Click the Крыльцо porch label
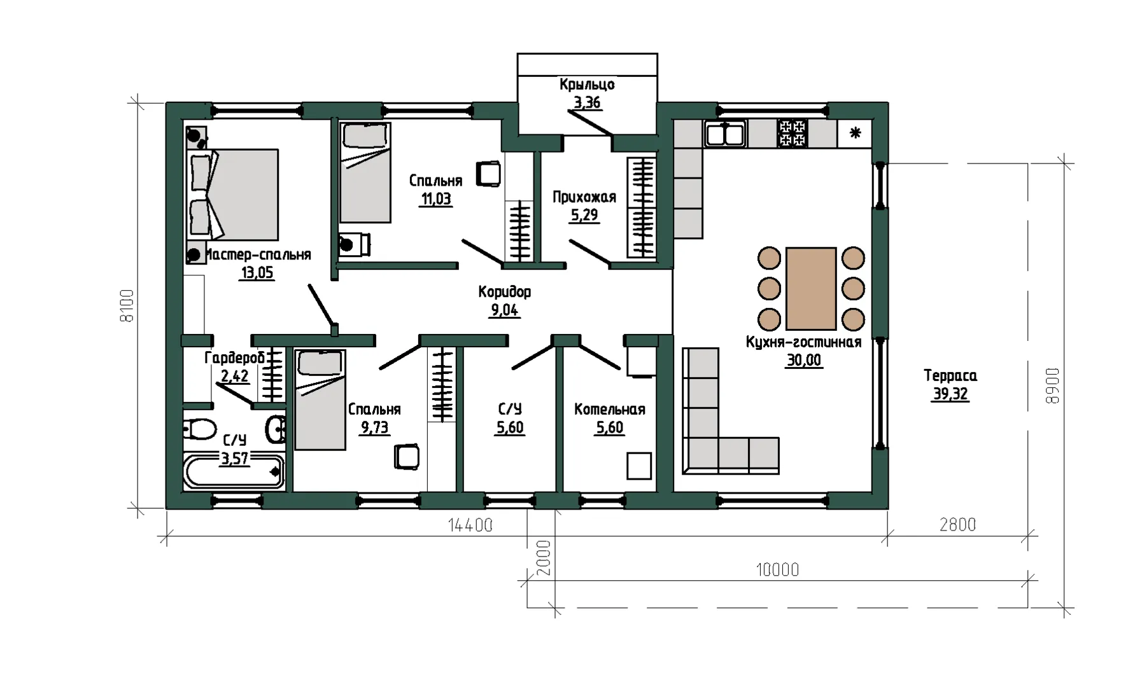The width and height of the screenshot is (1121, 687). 587,85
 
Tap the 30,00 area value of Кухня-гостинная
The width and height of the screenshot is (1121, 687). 804,360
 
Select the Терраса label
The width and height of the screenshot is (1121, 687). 950,375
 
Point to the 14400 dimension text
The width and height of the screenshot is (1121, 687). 470,525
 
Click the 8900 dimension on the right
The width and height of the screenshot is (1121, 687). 1053,385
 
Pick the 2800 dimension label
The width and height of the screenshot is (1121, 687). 957,524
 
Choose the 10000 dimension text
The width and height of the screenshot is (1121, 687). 777,569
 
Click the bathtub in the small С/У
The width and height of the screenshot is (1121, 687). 234,471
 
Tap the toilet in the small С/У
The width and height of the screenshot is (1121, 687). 200,429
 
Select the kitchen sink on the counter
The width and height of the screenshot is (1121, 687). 725,134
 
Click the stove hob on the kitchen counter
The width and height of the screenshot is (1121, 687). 793,133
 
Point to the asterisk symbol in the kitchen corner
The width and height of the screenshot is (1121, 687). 856,132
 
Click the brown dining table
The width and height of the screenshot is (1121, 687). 811,289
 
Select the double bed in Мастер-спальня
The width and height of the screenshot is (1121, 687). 233,195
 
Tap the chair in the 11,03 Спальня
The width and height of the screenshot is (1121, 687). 489,174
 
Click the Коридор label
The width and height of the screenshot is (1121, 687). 505,292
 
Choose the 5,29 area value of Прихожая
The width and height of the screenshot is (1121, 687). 584,215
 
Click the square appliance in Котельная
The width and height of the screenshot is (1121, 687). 639,466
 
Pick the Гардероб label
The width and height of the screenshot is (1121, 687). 234,358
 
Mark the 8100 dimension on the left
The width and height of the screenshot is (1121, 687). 127,305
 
